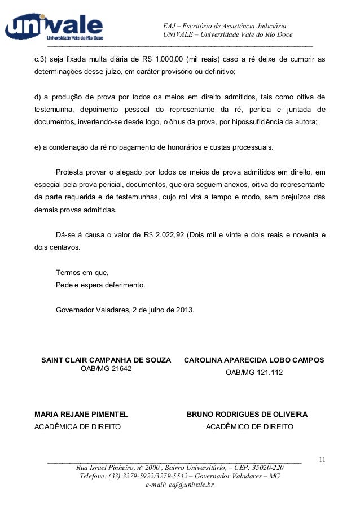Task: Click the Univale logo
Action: pos(54,27)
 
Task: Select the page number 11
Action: pos(322,460)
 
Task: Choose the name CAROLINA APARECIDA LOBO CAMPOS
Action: pos(254,359)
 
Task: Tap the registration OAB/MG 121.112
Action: pos(254,372)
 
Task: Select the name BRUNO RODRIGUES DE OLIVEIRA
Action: pos(247,414)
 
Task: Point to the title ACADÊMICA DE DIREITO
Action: pos(78,426)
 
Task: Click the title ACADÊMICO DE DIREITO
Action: pos(249,426)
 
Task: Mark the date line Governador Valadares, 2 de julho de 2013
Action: pos(125,310)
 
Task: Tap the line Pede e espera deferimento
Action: pos(100,285)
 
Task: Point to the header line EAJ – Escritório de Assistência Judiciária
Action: pos(225,26)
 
